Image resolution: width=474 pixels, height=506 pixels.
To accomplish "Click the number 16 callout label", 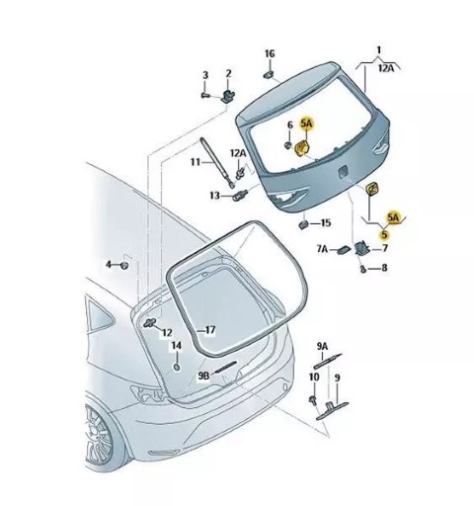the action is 270,53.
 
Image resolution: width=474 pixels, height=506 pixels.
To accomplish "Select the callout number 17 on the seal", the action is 209,330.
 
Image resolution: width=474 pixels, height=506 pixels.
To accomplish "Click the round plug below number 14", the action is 177,367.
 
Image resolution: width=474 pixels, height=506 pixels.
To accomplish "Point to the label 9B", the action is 203,376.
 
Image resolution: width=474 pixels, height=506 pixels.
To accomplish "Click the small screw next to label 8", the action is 363,269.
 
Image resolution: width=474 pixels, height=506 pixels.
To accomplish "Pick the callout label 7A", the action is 323,249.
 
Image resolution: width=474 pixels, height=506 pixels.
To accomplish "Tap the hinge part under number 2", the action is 228,96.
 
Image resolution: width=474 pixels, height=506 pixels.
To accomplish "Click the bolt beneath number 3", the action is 205,96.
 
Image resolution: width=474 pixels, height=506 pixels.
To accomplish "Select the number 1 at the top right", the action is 379,50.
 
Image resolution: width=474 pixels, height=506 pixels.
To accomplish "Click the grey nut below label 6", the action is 288,145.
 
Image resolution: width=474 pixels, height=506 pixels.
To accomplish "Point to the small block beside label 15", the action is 303,225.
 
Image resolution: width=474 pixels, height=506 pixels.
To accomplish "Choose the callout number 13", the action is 214,196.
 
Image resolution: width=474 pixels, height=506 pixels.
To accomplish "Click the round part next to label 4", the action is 124,265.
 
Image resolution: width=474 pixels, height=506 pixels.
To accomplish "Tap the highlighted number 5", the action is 384,234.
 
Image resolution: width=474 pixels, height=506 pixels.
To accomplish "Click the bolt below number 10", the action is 313,400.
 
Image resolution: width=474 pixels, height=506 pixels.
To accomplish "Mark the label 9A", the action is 323,346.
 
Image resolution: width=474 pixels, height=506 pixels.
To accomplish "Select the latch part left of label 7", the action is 361,248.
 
